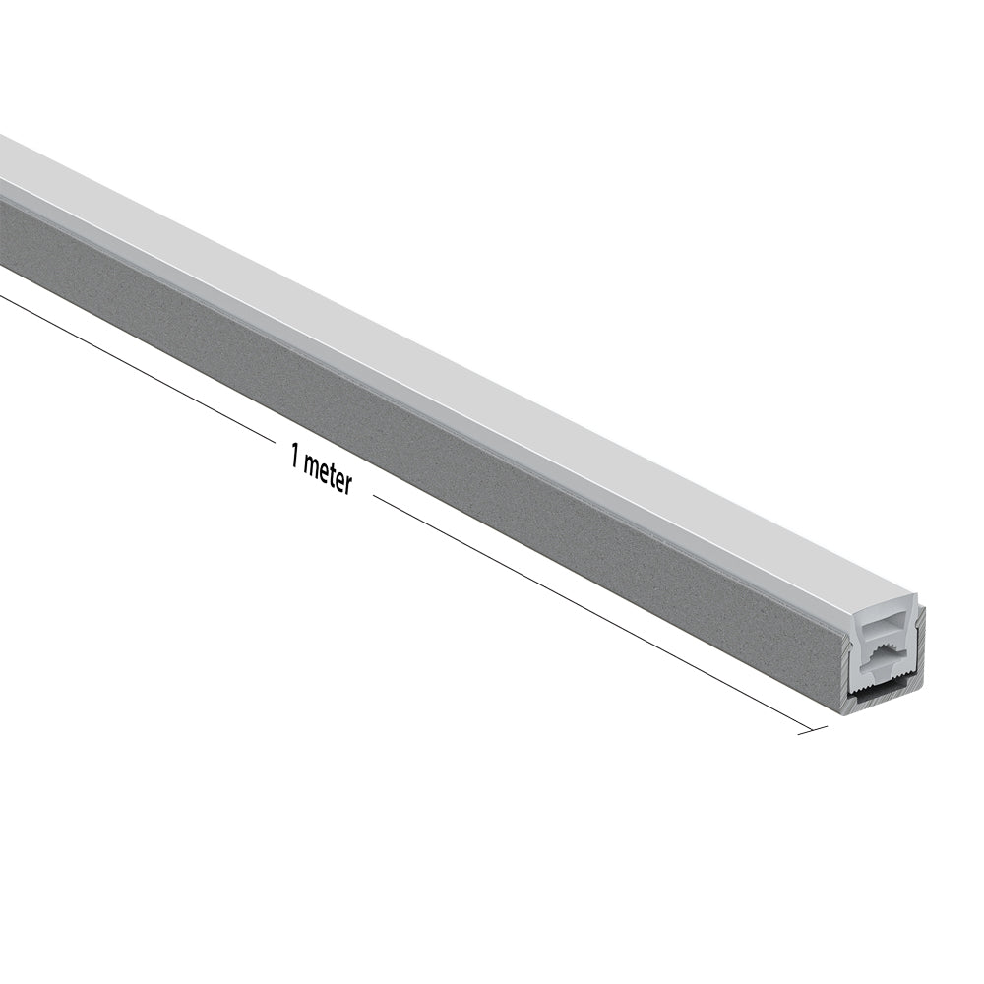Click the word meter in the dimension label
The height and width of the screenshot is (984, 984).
coord(328,474)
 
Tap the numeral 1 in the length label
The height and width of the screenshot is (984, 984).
coord(294,455)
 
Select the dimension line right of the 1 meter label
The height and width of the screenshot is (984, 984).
coord(590,610)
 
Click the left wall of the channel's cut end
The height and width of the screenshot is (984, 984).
coord(845,669)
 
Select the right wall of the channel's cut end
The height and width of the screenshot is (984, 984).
coord(921,640)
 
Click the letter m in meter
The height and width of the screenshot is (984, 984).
coord(312,466)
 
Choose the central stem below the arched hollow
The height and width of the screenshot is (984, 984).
coord(883,674)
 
